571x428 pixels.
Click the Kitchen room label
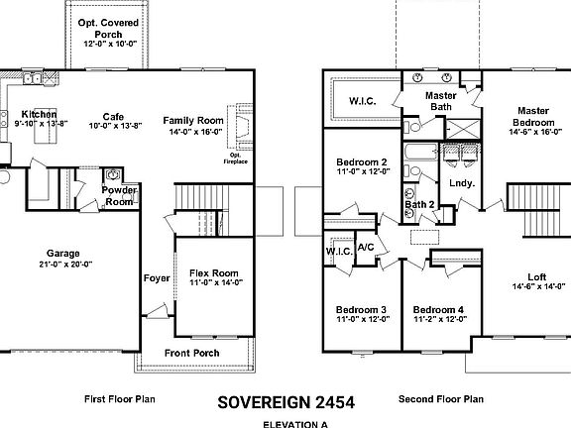pyautogui.click(x=39, y=114)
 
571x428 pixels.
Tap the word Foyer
pyautogui.click(x=157, y=278)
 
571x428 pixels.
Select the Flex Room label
pyautogui.click(x=214, y=272)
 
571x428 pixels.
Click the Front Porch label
pyautogui.click(x=191, y=354)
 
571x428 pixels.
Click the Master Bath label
pyautogui.click(x=440, y=99)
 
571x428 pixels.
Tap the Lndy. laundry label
pyautogui.click(x=461, y=183)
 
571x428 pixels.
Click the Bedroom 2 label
pyautogui.click(x=361, y=162)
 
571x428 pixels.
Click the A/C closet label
pyautogui.click(x=365, y=247)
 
